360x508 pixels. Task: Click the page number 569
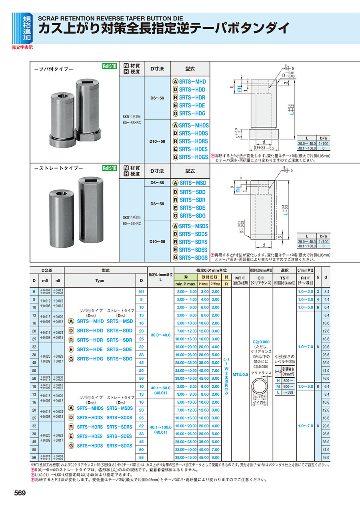(x=20, y=493)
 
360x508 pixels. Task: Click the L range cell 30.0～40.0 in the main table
(x=160, y=335)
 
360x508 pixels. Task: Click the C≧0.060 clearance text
(x=261, y=342)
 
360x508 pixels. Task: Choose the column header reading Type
(x=100, y=281)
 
